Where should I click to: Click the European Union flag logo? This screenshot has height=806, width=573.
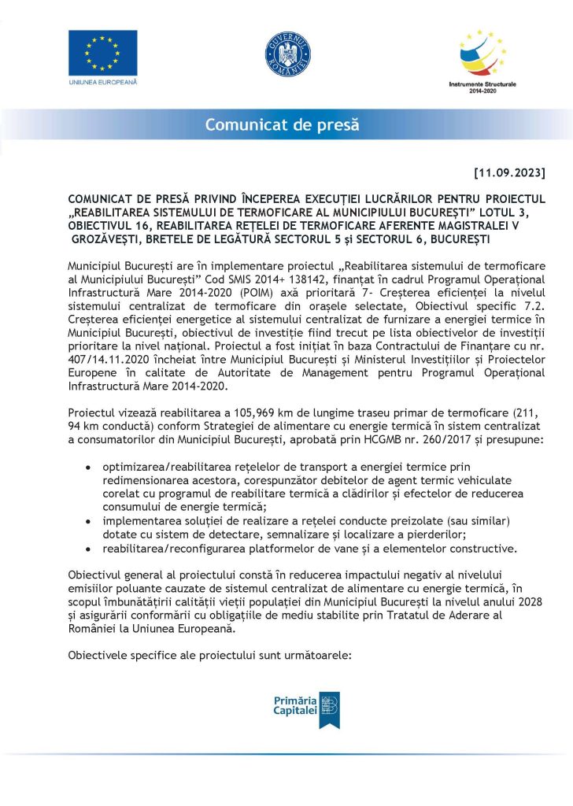point(102,52)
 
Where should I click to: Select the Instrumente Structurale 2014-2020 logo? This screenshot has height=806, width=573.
point(481,55)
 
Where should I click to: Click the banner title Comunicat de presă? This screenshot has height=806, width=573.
point(282,124)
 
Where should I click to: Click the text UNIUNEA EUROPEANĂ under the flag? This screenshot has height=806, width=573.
point(102,82)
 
